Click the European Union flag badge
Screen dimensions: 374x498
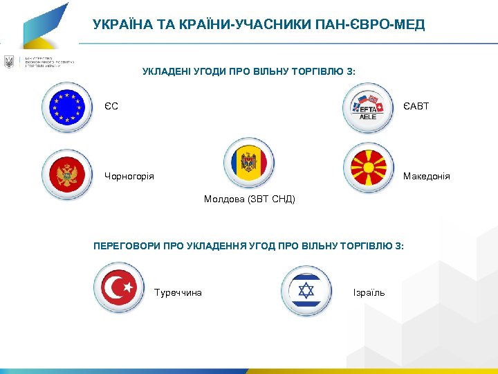[67, 107]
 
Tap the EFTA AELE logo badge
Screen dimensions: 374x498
[368, 107]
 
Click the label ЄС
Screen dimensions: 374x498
[111, 107]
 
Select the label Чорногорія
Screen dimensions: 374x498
[129, 177]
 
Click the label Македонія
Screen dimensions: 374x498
[426, 177]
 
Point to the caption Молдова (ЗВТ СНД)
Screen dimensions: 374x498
[249, 199]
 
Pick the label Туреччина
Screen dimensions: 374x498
[178, 293]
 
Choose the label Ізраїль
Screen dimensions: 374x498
[369, 293]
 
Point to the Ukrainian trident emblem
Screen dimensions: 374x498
[9, 62]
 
